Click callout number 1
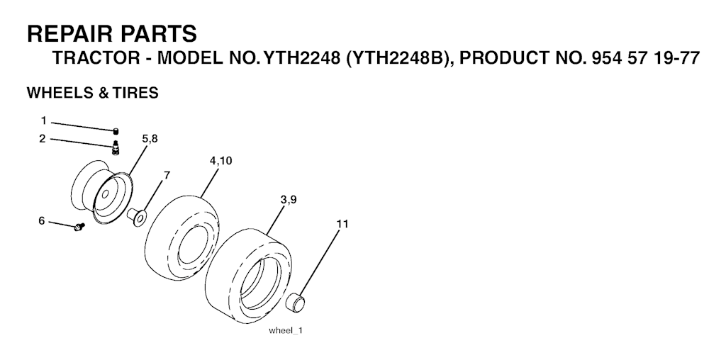(x=43, y=121)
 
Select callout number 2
(x=43, y=139)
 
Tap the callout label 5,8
(x=150, y=139)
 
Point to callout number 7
(x=167, y=175)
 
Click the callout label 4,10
(x=221, y=161)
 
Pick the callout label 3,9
(x=289, y=200)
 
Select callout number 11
(x=342, y=224)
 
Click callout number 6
(x=42, y=221)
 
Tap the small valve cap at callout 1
(x=116, y=131)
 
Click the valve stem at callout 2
(x=116, y=148)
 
